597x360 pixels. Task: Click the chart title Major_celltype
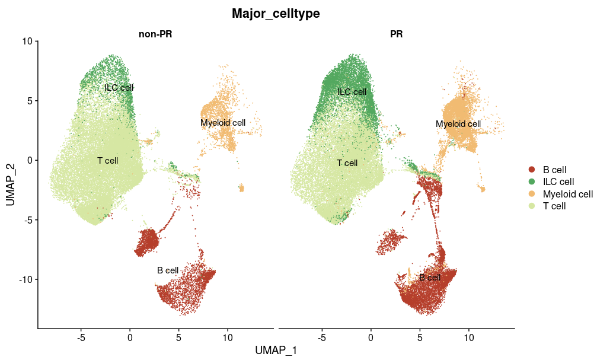[x=276, y=14]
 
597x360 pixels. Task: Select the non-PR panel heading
[x=155, y=34]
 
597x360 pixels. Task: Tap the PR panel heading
[x=396, y=34]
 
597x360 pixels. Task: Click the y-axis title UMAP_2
[x=11, y=184]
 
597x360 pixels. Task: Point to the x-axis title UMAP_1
[x=276, y=351]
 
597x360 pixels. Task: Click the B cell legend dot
[x=532, y=170]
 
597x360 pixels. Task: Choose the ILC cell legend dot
[x=532, y=181]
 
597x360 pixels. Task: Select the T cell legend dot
[x=532, y=206]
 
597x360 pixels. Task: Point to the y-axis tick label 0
[x=31, y=160]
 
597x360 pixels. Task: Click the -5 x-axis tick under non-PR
[x=81, y=337]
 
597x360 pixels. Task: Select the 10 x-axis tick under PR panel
[x=468, y=337]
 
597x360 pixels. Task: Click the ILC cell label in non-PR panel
[x=119, y=88]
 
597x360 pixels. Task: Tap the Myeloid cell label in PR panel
[x=458, y=124]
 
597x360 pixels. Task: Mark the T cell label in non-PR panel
[x=108, y=160]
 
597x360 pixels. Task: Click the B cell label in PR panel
[x=430, y=278]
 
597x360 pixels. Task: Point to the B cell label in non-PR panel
[x=168, y=270]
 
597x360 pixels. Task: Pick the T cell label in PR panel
[x=347, y=163]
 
